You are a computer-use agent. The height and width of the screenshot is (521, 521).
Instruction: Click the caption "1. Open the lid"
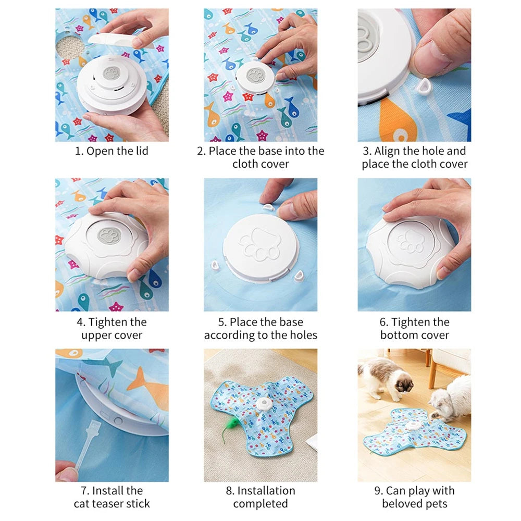(111, 151)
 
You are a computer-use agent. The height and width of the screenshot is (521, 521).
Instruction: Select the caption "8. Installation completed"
(260, 497)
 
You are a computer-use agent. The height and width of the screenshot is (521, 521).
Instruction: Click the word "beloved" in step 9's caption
(402, 503)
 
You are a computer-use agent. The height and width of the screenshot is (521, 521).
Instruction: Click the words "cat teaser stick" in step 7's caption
(111, 503)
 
